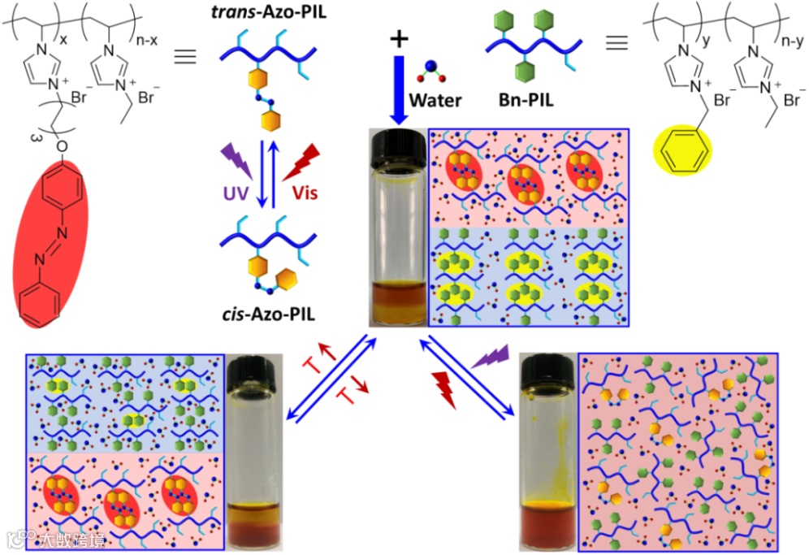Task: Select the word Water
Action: (x=435, y=101)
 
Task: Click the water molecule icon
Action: (x=429, y=71)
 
